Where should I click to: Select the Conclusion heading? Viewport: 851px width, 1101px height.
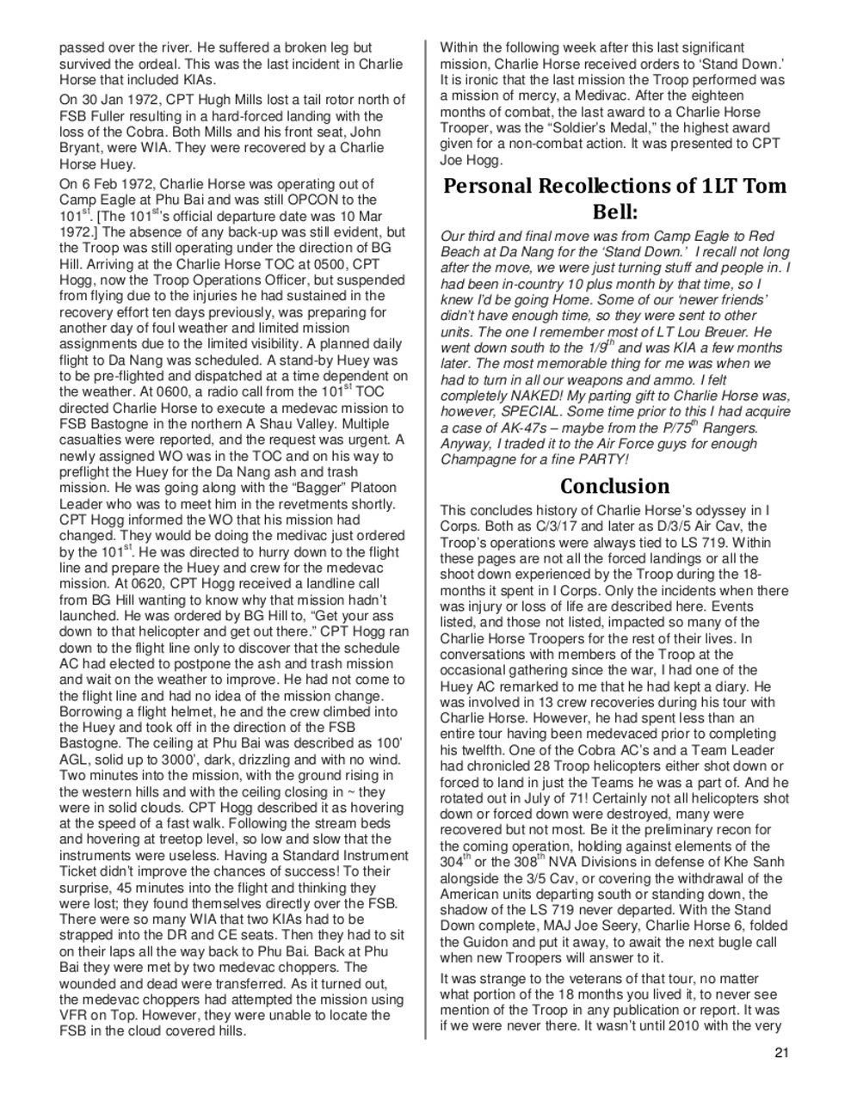click(x=614, y=486)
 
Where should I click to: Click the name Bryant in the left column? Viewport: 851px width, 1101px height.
click(x=83, y=148)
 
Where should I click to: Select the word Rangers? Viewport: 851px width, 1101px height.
click(x=732, y=427)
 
